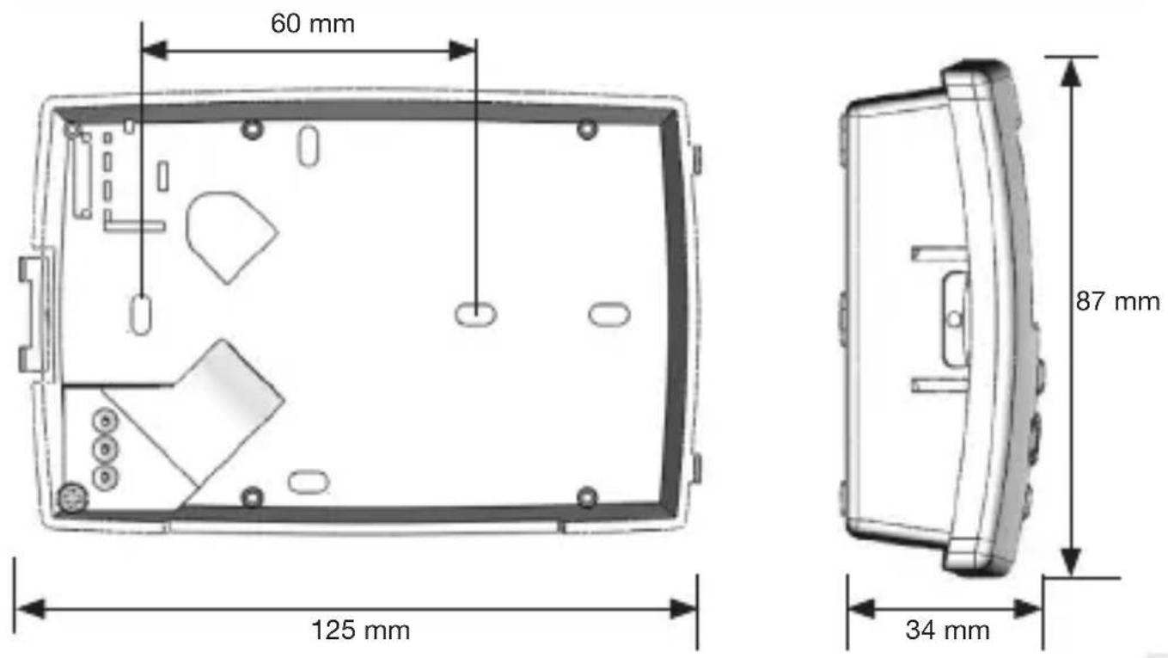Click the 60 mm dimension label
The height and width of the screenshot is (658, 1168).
313,23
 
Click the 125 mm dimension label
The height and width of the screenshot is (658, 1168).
361,630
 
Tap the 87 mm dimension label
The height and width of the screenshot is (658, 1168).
1117,301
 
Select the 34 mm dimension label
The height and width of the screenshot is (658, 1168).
947,630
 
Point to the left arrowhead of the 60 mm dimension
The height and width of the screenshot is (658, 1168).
154,51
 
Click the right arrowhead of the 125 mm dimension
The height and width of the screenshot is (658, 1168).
683,608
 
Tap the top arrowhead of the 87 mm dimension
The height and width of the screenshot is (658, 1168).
1071,72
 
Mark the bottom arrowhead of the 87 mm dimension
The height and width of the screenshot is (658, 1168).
1071,562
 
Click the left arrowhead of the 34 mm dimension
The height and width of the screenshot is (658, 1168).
861,608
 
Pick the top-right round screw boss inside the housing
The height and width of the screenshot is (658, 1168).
587,129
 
